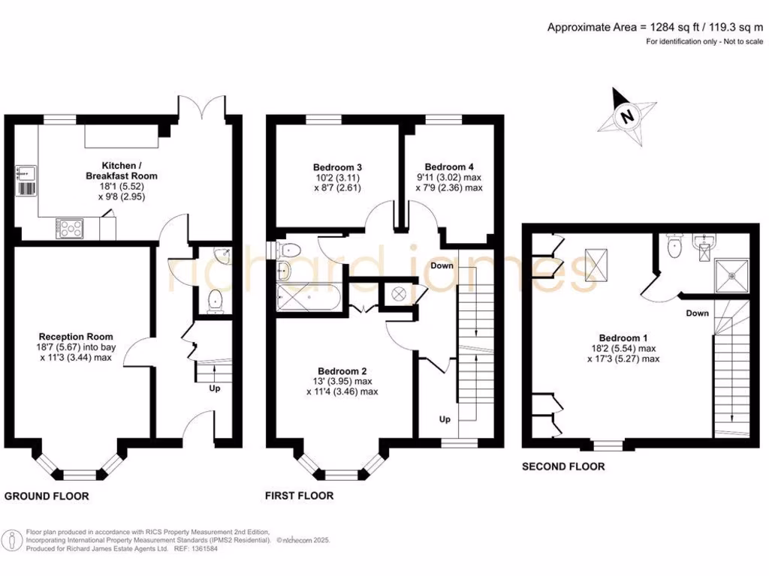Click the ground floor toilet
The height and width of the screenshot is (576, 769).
[216, 300]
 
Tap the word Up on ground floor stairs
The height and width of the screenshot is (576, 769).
[215, 389]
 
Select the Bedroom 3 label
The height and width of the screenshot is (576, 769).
[338, 177]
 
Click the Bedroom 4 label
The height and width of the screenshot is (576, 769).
[449, 177]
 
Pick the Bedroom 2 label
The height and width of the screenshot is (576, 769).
[342, 381]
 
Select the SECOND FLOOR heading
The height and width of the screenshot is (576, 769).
[563, 466]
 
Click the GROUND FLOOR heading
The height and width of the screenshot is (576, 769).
[47, 496]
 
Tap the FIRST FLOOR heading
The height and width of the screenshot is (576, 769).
[300, 496]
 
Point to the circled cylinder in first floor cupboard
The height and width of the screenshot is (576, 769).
[398, 292]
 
